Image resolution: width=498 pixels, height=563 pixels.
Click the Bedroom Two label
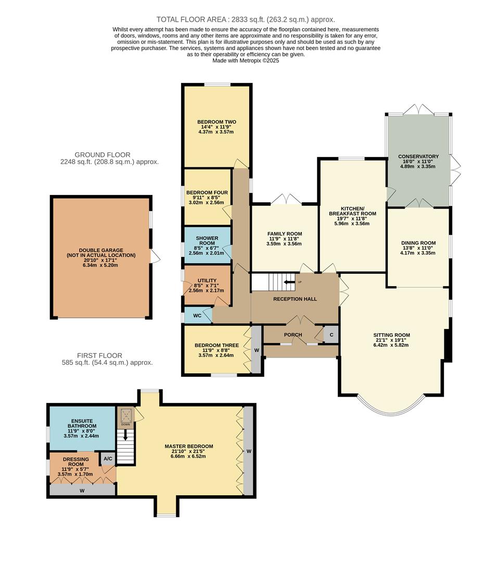tap(216, 122)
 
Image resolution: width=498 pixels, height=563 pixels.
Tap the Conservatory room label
tap(418, 156)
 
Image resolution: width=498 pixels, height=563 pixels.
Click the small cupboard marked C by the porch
tap(330, 334)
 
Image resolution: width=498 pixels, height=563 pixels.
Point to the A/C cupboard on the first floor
tap(108, 459)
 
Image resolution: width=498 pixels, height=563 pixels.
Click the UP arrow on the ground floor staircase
tap(289, 283)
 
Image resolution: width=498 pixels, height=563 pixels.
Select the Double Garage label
tap(100, 251)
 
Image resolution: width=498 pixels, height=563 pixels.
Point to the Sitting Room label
tap(391, 335)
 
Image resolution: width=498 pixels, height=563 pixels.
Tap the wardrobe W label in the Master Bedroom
tap(248, 451)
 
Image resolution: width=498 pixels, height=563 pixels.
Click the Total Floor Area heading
tap(246, 19)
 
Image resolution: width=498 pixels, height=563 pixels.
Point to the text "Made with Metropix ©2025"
tap(246, 60)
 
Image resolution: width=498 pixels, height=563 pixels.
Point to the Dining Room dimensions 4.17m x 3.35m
tap(418, 253)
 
